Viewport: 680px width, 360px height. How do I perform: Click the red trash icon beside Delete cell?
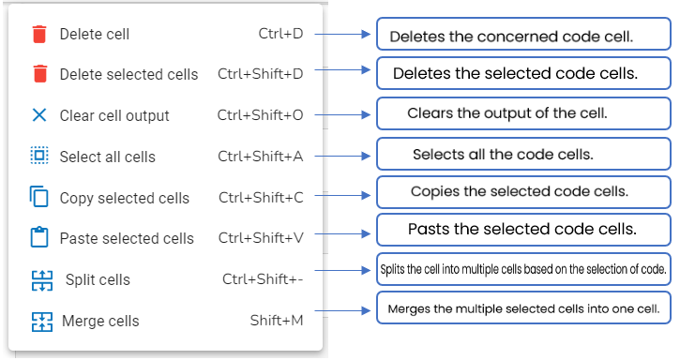[39, 35]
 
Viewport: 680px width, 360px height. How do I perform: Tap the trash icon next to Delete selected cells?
[39, 74]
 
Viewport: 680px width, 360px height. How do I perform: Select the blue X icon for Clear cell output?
[39, 115]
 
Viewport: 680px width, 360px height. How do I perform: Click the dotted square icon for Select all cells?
[39, 156]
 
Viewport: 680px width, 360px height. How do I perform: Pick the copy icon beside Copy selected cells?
[39, 196]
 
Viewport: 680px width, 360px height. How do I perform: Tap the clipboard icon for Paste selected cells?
[39, 237]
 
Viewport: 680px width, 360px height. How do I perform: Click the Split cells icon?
[42, 280]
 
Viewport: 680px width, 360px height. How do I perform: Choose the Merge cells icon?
[42, 322]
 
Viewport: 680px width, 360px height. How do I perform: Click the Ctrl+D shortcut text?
[280, 34]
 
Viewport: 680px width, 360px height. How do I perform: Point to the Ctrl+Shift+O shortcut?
[260, 115]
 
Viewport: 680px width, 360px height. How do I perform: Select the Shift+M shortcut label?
[277, 321]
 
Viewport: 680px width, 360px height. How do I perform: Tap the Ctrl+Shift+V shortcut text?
[261, 238]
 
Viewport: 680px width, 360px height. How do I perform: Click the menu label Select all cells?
[108, 157]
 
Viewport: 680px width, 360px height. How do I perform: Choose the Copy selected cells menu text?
[125, 198]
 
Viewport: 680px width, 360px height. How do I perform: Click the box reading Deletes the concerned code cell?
[523, 34]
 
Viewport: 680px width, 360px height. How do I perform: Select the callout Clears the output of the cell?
[523, 113]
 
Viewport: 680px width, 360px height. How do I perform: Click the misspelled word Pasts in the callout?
[429, 229]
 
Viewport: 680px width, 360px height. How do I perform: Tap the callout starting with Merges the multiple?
[523, 307]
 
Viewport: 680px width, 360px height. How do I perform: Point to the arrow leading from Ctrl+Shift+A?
[342, 156]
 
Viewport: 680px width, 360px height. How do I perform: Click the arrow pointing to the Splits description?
[342, 270]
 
